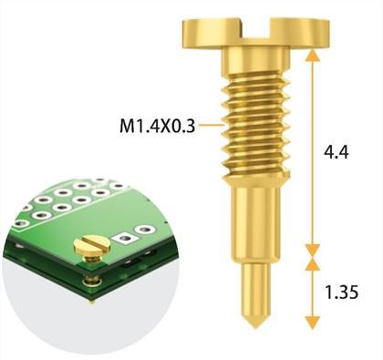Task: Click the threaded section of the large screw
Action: coord(257,123)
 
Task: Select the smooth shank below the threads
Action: coord(257,219)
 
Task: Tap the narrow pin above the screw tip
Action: coord(257,287)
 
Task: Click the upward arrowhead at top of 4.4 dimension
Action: coord(313,55)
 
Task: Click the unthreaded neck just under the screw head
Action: coord(257,62)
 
